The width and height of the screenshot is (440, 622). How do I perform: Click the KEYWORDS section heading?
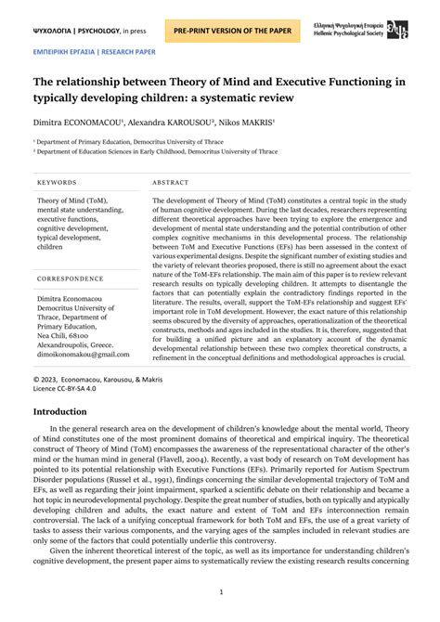(57, 183)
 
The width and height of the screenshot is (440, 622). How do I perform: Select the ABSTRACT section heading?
(171, 183)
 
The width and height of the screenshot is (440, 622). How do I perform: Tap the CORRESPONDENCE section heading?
(71, 279)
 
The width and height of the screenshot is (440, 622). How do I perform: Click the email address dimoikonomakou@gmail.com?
(84, 354)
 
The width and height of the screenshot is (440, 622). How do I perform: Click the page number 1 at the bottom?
(220, 591)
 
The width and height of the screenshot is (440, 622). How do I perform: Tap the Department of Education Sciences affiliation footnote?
(154, 150)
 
